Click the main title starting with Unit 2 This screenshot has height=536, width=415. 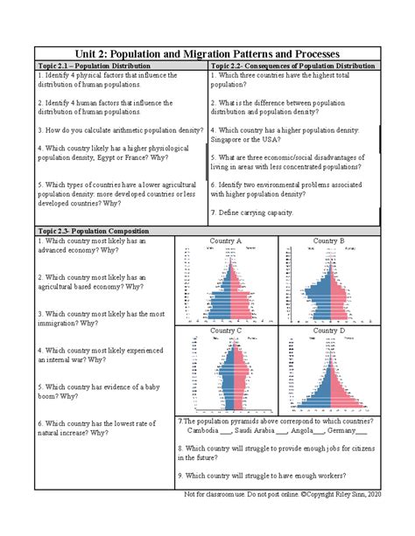(207, 53)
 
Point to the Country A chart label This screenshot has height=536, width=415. (227, 240)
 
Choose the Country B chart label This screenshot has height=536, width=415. (329, 240)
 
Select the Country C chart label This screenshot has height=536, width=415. (227, 331)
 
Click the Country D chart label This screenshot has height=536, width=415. (329, 331)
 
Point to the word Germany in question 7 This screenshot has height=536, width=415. (350, 431)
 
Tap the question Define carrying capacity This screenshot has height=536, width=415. (254, 213)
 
